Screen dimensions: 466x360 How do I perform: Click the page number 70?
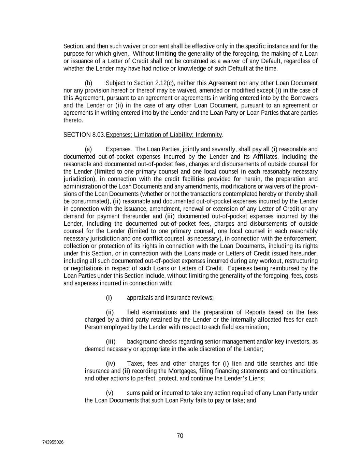tap(180, 436)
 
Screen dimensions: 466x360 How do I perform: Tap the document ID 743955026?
tap(53, 442)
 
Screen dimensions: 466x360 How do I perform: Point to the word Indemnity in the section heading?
tap(209, 135)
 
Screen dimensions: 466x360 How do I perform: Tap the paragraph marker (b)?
tap(88, 83)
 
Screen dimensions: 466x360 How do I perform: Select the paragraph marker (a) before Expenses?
tap(88, 149)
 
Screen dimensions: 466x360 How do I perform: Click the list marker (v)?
tap(110, 393)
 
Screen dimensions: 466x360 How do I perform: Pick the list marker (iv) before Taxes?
tap(111, 364)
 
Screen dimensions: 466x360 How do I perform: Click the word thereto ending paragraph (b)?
tap(73, 120)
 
